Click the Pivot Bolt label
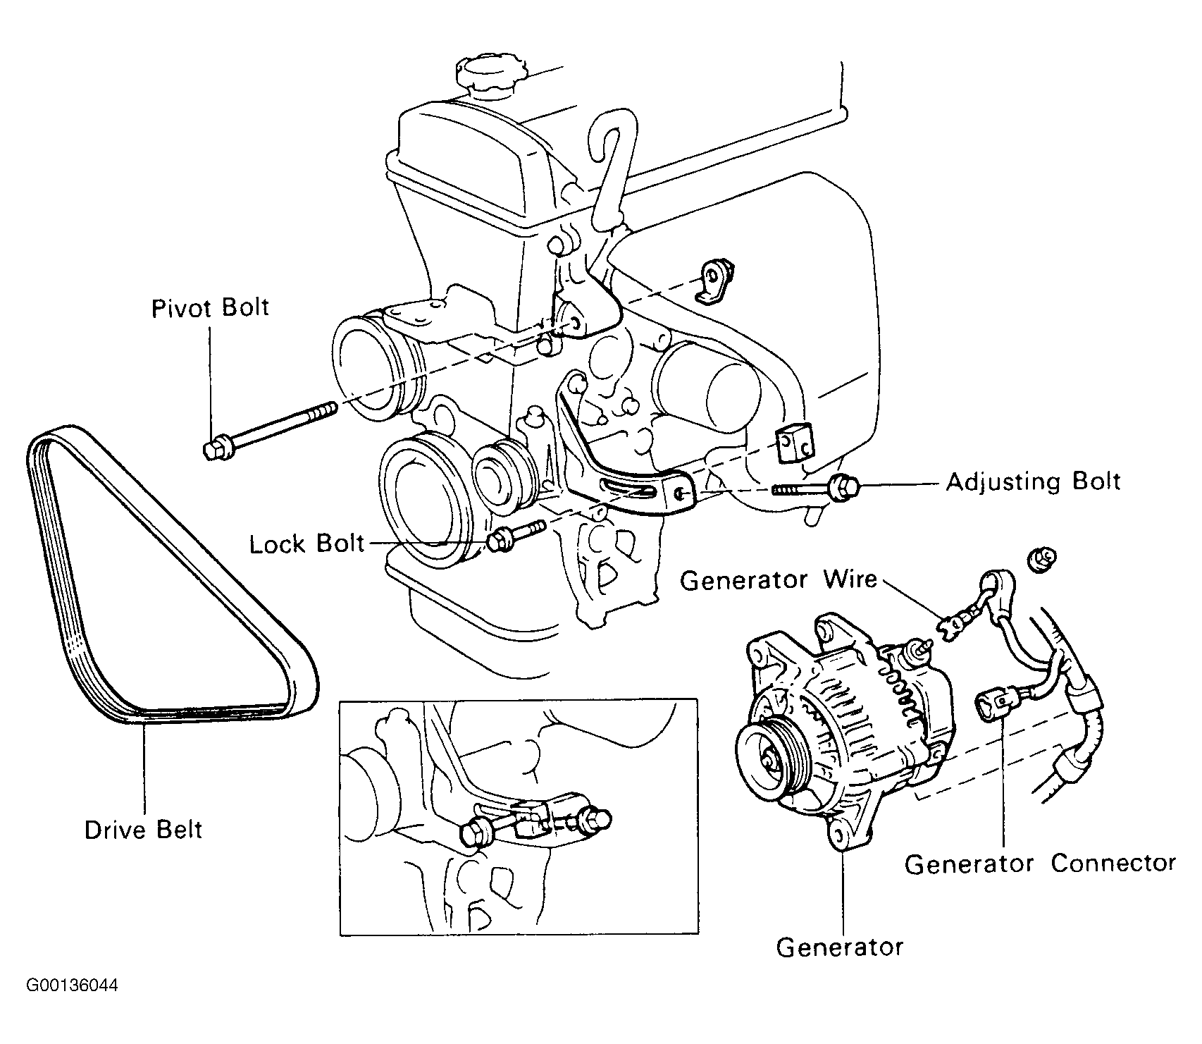(210, 309)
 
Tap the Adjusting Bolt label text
(1033, 483)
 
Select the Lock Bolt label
(307, 544)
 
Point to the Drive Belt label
(144, 829)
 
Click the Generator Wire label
(779, 580)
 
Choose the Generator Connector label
(1040, 864)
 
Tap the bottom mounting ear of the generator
(837, 837)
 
